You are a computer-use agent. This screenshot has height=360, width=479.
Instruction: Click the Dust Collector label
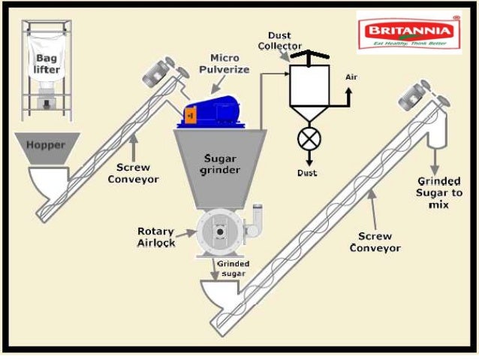[x=280, y=41]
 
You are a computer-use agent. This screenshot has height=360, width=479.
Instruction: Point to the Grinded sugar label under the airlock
[x=233, y=268]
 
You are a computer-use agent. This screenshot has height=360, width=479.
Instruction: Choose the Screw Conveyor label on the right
[x=378, y=241]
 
